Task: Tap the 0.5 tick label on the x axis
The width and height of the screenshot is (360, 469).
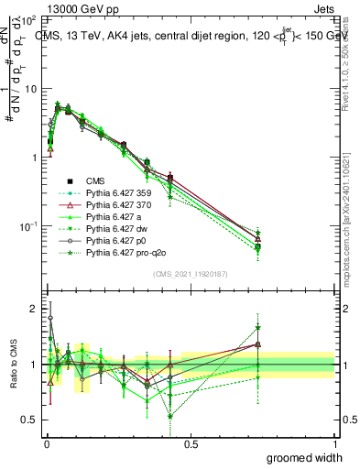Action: tap(191, 444)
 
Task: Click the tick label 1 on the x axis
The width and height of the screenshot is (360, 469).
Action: tap(334, 444)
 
